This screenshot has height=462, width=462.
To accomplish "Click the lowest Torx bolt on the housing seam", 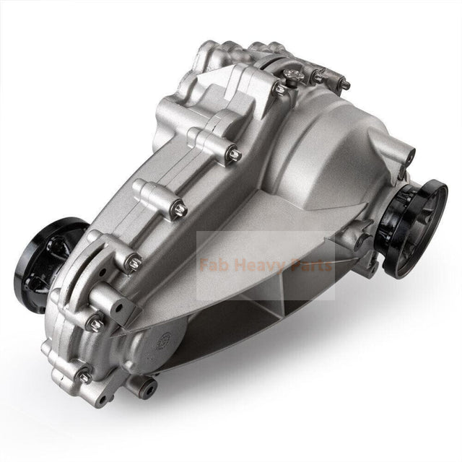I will coord(84,376).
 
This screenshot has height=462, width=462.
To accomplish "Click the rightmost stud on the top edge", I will coord(345,85).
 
